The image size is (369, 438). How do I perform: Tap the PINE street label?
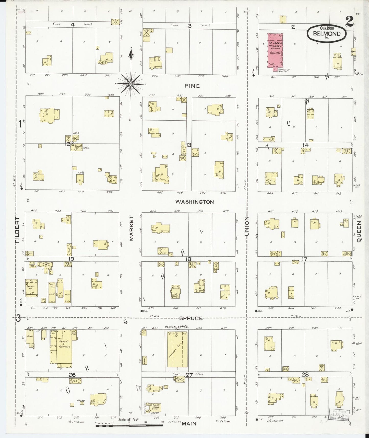tap(192, 86)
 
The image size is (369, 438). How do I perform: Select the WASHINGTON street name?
tap(195, 202)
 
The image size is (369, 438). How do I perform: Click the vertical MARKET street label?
tap(132, 228)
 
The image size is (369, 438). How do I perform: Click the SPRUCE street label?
tap(191, 318)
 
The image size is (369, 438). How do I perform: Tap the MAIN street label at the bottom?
tap(189, 424)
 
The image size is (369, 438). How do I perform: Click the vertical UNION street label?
tap(247, 226)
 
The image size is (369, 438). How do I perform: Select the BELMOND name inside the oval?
tap(327, 34)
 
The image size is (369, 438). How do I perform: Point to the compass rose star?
tap(130, 84)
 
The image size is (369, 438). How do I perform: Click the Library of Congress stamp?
tap(338, 414)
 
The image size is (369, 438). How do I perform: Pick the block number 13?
tap(188, 145)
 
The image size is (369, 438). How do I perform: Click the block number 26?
tap(72, 375)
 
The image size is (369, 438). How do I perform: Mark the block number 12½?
tap(69, 144)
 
